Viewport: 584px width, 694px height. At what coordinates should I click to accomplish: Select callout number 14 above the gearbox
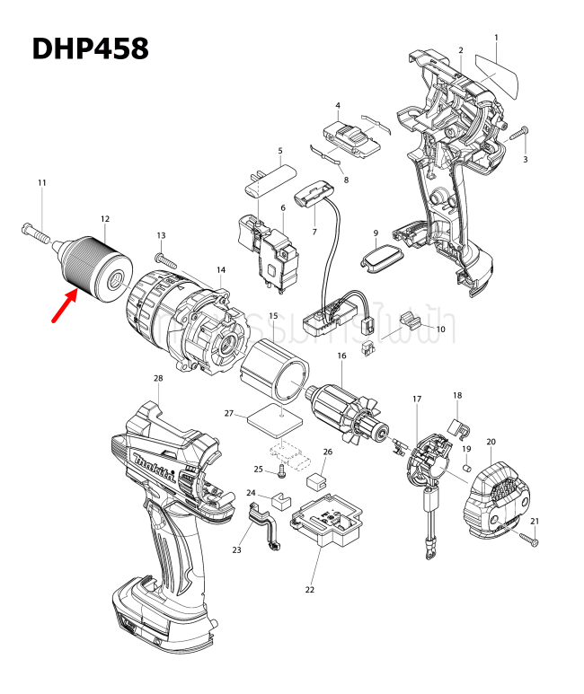[221, 269]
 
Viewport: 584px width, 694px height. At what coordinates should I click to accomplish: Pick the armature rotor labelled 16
[345, 414]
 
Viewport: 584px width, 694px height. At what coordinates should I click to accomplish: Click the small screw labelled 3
[520, 135]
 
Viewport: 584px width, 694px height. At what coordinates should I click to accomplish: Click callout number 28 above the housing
[158, 378]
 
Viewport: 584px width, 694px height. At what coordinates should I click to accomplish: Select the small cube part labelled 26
[317, 480]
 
